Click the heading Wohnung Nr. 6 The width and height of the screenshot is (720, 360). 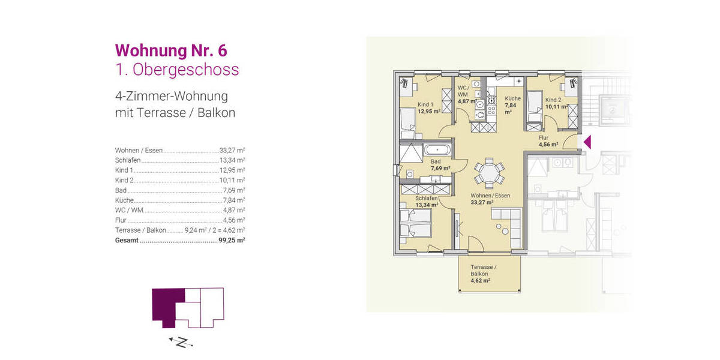(170, 49)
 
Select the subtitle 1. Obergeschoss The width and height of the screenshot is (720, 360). (176, 70)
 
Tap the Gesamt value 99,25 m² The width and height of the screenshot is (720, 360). (232, 240)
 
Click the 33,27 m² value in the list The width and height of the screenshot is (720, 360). (232, 150)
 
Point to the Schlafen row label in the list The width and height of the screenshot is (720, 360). (128, 160)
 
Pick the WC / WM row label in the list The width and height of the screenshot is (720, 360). (130, 210)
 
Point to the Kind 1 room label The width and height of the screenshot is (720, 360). (425, 104)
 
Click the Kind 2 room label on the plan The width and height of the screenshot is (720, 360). (553, 100)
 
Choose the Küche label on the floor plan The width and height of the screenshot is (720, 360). (512, 98)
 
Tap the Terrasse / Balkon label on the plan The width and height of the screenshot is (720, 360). (482, 270)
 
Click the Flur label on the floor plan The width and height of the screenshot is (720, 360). (544, 137)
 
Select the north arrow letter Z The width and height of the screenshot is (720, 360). (185, 342)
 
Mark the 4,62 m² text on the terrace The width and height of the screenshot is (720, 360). (481, 280)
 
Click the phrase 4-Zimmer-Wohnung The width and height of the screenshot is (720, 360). (171, 96)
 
